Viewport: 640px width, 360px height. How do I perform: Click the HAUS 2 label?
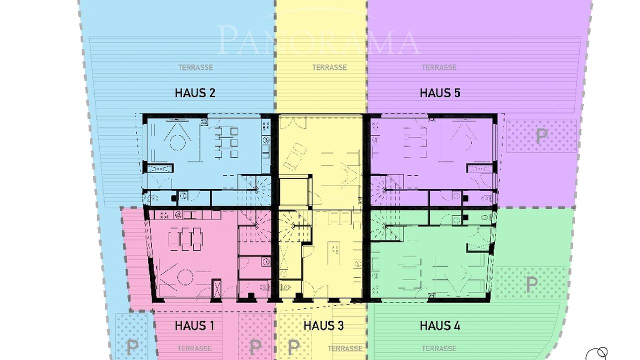click(x=195, y=93)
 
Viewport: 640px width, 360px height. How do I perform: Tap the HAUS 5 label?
click(x=440, y=93)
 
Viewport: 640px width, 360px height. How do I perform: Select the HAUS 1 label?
click(x=194, y=325)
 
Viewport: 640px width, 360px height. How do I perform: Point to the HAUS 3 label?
click(x=323, y=325)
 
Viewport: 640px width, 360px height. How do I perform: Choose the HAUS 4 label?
click(x=440, y=325)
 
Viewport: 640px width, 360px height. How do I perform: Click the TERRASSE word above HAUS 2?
click(x=195, y=67)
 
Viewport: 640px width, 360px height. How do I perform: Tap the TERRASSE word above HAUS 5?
click(x=439, y=67)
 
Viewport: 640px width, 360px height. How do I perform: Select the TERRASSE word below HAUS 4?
click(x=439, y=348)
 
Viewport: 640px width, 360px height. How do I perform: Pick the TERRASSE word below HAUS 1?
click(x=194, y=348)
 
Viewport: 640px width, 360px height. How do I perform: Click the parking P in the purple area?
click(x=541, y=136)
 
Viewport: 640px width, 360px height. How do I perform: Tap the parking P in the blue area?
click(x=132, y=346)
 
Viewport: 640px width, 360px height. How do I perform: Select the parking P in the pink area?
click(x=255, y=346)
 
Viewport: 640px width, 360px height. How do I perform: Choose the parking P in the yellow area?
click(x=293, y=346)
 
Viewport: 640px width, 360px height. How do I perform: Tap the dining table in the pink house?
click(x=185, y=239)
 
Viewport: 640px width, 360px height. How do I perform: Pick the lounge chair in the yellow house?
click(x=294, y=157)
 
